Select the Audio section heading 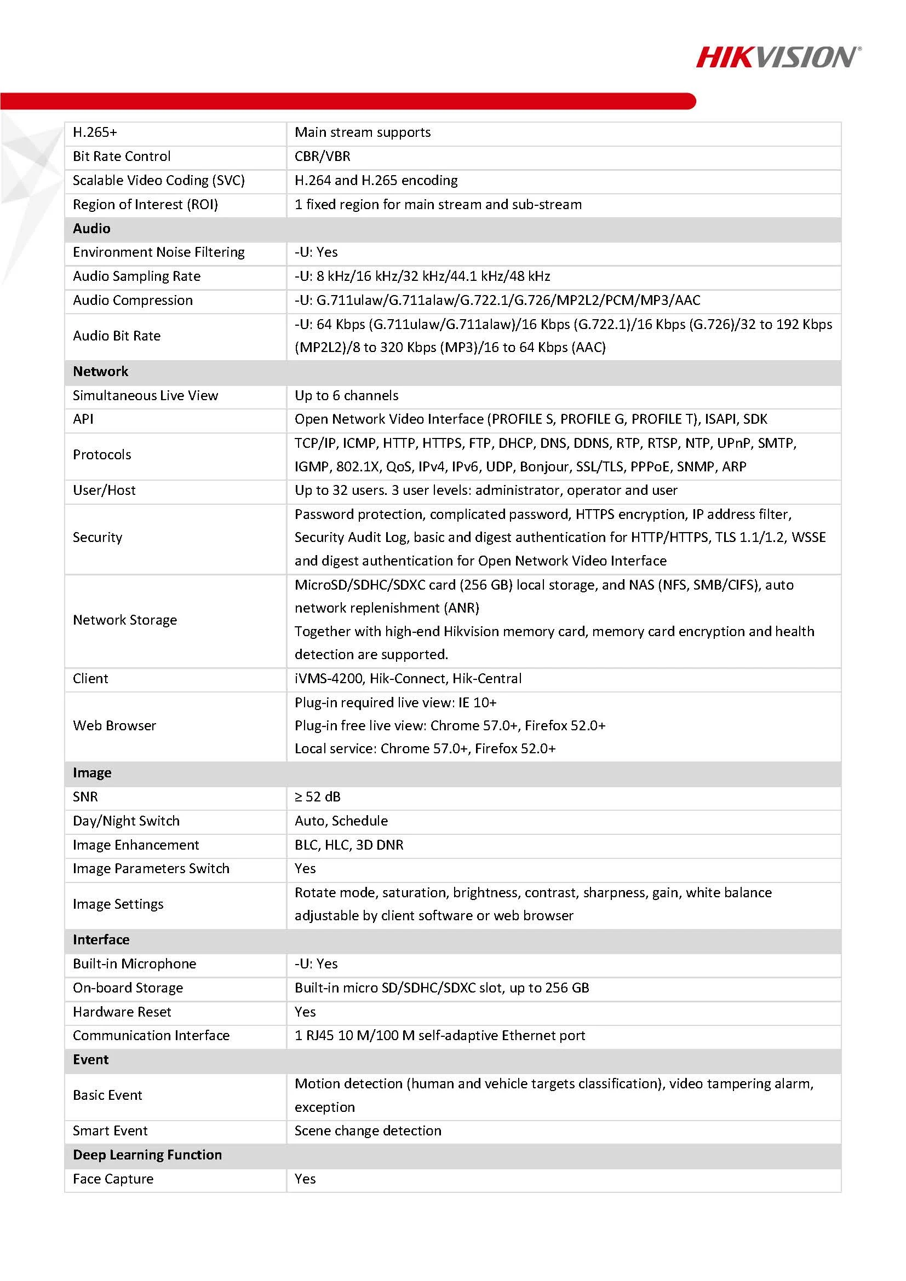(91, 229)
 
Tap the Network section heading (100, 372)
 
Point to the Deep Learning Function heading (147, 1155)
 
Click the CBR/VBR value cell (323, 157)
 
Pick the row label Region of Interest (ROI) (145, 205)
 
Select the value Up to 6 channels (346, 396)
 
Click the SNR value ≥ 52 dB (318, 797)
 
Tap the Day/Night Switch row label (126, 821)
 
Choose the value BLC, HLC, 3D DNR (349, 845)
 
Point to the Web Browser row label (114, 726)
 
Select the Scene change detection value (368, 1131)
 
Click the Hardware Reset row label (122, 1012)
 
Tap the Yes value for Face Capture (305, 1179)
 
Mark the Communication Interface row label (151, 1036)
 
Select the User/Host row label (105, 491)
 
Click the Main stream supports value (363, 133)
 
